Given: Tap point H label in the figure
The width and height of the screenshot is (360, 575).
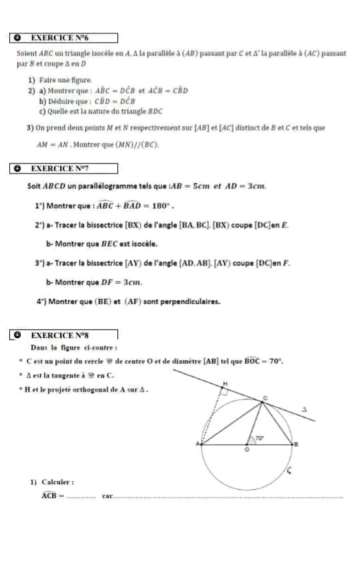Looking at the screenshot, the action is tap(225, 384).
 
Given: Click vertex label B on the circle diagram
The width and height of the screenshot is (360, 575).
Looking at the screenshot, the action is tap(295, 444).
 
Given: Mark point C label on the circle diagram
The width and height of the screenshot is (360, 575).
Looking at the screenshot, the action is tap(265, 396).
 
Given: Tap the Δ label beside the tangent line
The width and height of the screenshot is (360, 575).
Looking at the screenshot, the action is tap(304, 408).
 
